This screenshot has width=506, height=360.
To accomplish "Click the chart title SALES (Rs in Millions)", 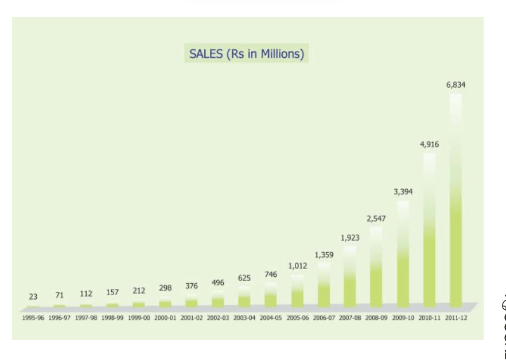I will point(246,54).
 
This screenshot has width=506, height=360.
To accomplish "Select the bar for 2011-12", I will point(456,201).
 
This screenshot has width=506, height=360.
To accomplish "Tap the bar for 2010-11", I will point(429,229).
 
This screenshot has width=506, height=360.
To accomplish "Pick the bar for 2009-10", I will point(403,252).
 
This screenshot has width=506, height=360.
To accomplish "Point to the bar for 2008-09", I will point(376,267).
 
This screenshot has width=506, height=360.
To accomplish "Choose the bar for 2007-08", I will point(350,275).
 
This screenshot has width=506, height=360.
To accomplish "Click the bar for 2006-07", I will point(324,284).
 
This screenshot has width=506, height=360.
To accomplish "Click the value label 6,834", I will point(456,85).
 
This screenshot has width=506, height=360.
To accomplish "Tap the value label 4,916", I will point(429,144).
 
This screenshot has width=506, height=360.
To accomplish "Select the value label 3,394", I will point(403,191).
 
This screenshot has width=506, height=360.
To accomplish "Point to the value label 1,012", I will point(297,266).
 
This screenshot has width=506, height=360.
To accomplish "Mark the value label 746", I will point(271,275).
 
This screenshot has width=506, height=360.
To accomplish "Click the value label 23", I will point(33,297).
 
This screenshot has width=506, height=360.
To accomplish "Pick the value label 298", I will point(165,288).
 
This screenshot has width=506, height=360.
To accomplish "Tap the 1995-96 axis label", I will point(33,318).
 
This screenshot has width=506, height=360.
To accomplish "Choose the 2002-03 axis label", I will point(218,318).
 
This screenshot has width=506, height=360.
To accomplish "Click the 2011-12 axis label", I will point(456,318).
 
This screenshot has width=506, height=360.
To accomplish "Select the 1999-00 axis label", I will point(139,318).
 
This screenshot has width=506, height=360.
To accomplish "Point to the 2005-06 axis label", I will point(297,318).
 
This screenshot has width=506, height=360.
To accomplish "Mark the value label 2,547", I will point(376,218).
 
